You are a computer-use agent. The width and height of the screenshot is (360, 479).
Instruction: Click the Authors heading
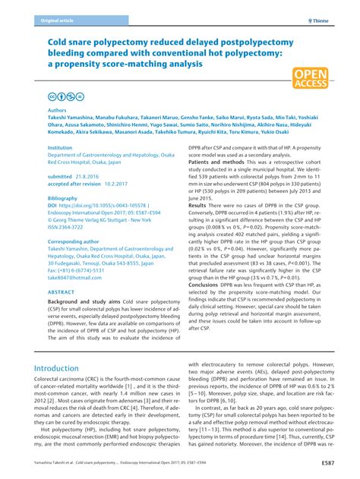pos(57,110)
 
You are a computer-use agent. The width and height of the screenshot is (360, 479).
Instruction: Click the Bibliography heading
pos(63,197)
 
